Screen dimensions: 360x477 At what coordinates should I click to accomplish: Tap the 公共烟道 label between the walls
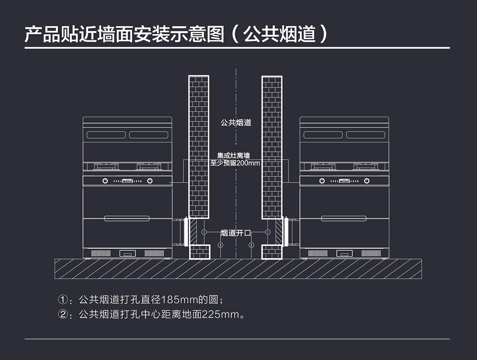click(236, 123)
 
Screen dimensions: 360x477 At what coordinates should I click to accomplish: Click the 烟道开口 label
click(236, 233)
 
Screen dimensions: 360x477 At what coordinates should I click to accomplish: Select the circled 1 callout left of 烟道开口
click(204, 232)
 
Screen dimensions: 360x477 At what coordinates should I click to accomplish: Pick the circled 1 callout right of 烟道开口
click(268, 232)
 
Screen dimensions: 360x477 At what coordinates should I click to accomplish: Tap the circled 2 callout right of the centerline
click(251, 245)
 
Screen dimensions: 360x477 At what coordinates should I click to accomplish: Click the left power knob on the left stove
click(105, 181)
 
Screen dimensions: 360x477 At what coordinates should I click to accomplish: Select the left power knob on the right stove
click(322, 181)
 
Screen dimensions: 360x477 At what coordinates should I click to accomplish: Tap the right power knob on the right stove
click(367, 181)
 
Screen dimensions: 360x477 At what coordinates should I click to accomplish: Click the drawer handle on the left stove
click(127, 218)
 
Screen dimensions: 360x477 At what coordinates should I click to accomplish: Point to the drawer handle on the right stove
click(344, 218)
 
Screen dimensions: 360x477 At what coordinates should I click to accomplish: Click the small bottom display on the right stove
click(344, 253)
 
